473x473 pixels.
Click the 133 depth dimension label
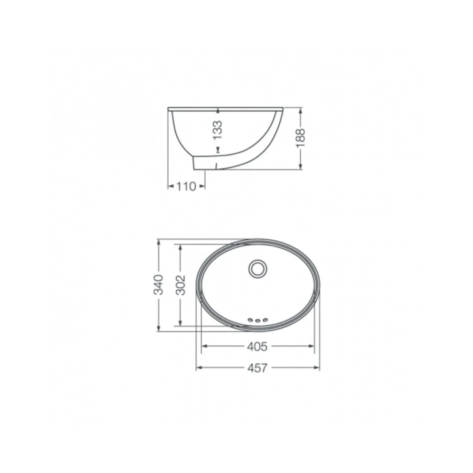tap(218, 130)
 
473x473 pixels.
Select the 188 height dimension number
tap(300, 138)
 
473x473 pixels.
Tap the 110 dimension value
tap(186, 187)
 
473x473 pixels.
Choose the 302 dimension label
tap(181, 285)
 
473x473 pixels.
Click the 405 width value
tap(257, 346)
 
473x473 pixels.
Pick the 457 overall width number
tap(257, 367)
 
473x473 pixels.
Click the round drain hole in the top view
tap(257, 269)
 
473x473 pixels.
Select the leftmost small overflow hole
tap(250, 320)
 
